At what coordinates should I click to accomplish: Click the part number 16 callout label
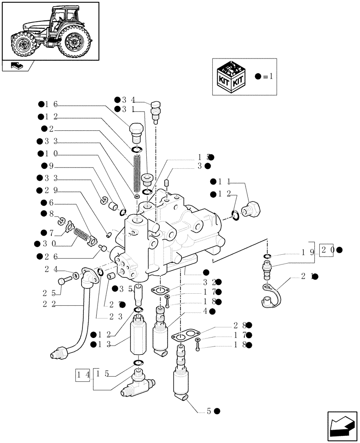51,105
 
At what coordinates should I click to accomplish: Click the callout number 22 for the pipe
50,303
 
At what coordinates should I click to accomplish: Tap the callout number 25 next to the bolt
50,293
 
